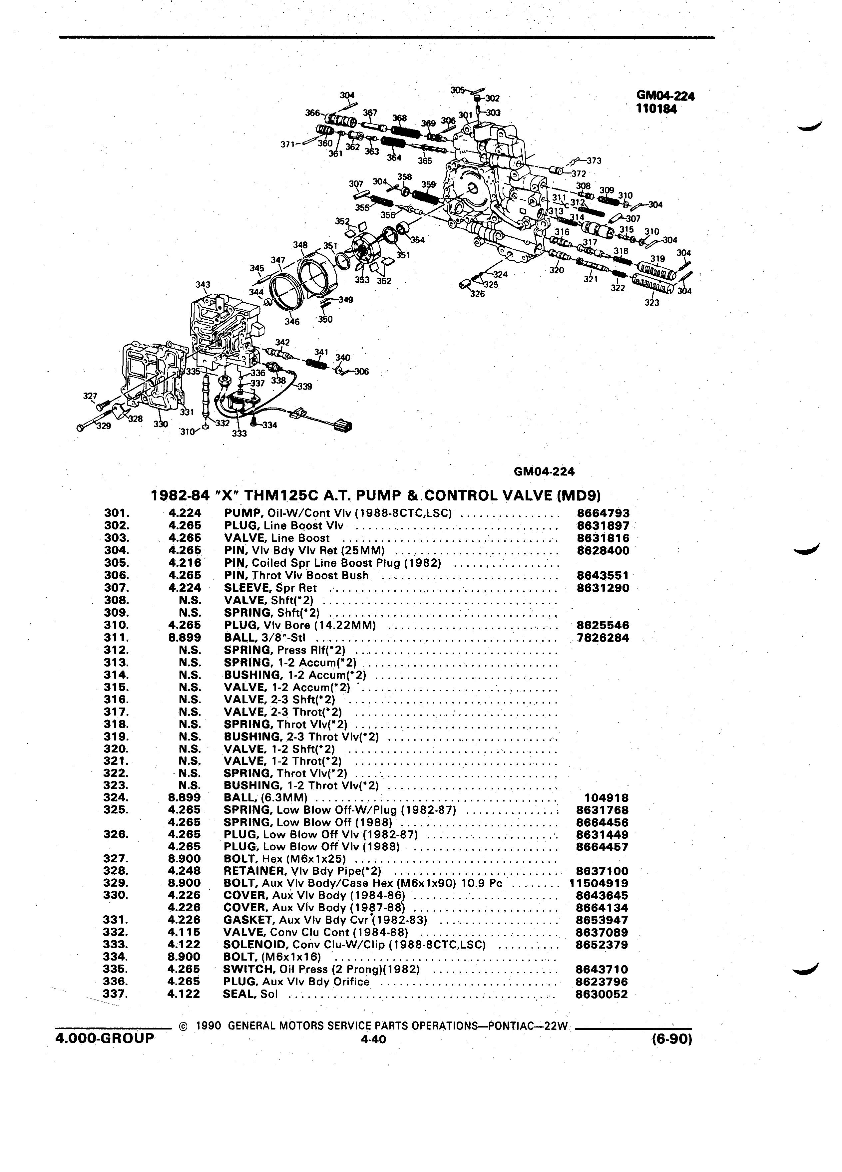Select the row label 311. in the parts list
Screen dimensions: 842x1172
point(116,638)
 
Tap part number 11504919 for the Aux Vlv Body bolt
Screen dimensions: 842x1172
point(599,883)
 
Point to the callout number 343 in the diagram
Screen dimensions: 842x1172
point(203,285)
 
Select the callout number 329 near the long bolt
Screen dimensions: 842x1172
point(104,426)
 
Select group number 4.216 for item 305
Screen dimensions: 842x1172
point(184,563)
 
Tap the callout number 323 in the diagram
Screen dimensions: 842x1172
point(652,302)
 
